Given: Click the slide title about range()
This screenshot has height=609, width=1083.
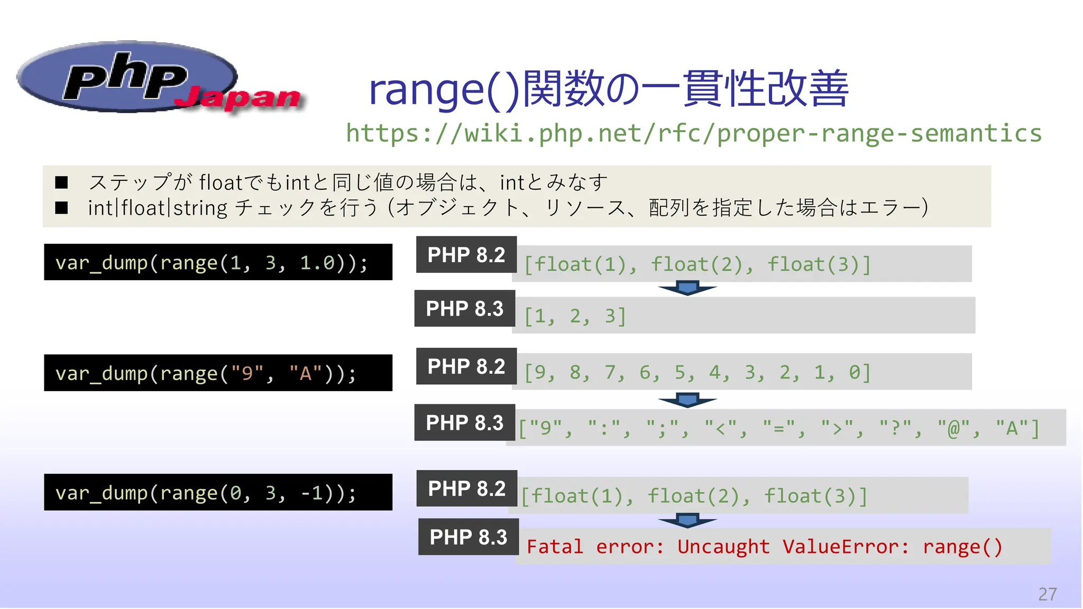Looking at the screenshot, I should tap(608, 89).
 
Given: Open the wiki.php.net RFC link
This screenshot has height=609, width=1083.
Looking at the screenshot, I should tap(693, 133).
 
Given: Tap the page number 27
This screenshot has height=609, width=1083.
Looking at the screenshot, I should tap(1047, 594).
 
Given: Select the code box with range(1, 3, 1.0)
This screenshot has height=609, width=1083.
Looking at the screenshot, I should tap(218, 262).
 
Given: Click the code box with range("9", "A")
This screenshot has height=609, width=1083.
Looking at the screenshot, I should tap(218, 373).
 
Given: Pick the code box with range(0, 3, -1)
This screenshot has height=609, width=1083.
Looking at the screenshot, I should tap(218, 492).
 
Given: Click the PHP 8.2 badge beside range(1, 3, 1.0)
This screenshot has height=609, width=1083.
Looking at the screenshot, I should tap(466, 255).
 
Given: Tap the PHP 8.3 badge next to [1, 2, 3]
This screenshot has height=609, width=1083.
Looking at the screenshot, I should tap(464, 309).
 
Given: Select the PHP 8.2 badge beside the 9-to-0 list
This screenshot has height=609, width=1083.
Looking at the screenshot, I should tap(466, 366).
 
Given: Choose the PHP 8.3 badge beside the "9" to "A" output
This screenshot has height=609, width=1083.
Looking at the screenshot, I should tap(464, 423).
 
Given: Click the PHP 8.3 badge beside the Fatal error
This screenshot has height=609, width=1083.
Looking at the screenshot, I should tap(468, 537).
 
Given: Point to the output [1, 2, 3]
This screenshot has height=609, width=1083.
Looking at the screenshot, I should tap(575, 316).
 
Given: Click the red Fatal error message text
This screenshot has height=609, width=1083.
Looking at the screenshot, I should tap(764, 547).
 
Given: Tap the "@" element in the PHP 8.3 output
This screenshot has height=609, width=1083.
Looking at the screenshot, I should tap(953, 428).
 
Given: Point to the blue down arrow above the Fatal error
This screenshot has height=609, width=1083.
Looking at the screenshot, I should tap(687, 521).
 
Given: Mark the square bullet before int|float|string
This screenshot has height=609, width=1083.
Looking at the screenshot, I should tap(62, 208).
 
